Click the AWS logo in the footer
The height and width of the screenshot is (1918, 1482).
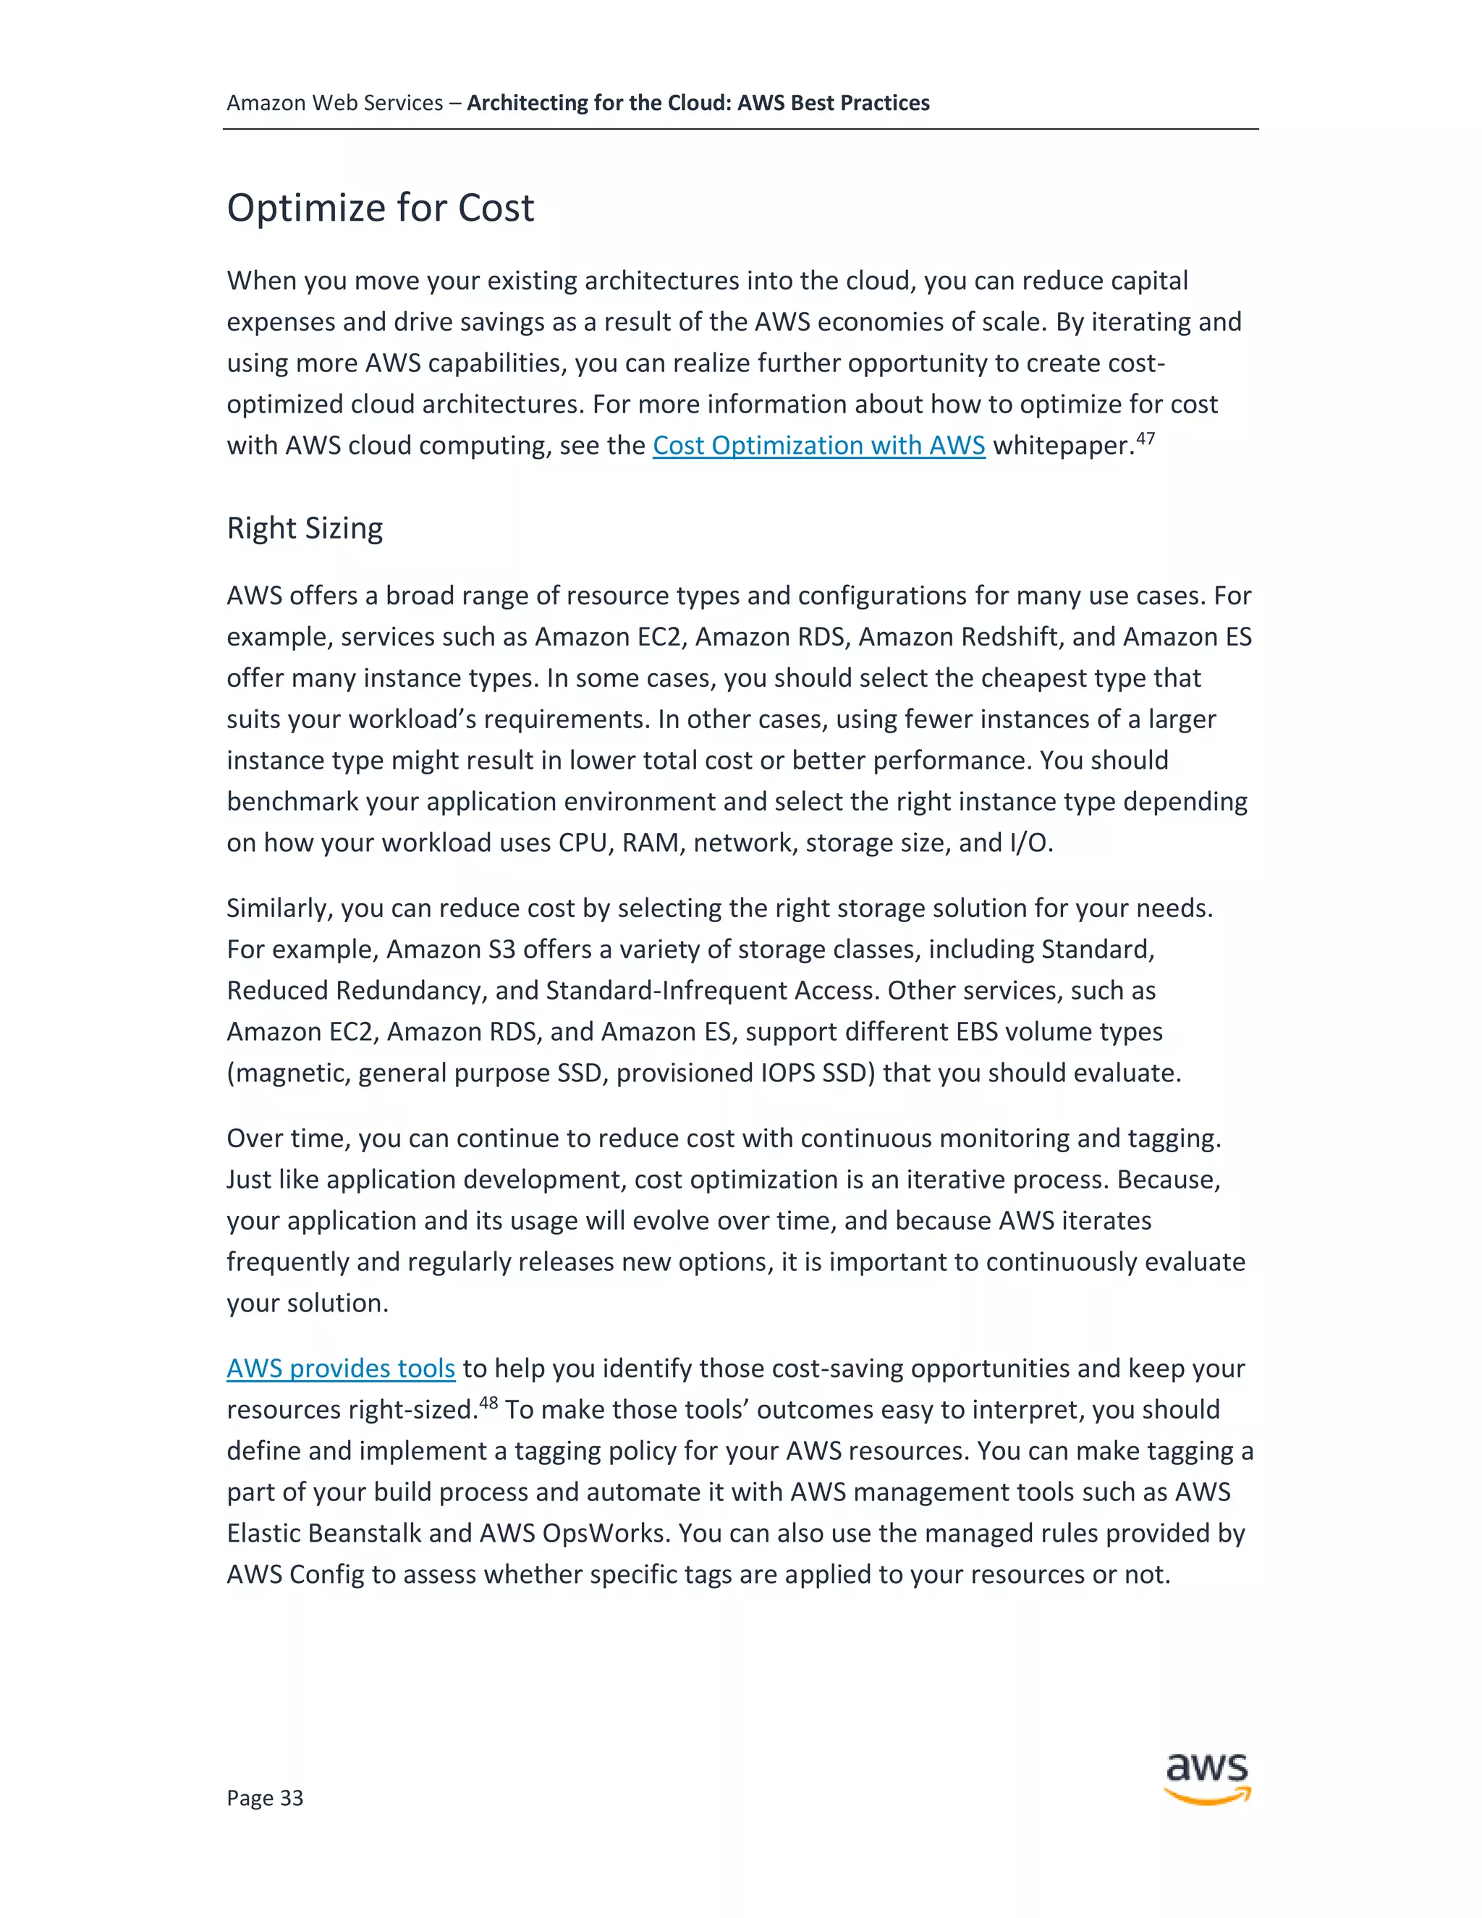click(1207, 1778)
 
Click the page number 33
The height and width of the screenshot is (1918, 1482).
click(264, 1798)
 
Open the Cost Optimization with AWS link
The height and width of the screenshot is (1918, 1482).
click(818, 445)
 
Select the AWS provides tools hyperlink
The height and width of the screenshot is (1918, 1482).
click(341, 1368)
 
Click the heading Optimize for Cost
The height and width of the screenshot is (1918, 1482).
click(380, 208)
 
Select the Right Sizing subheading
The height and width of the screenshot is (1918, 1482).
click(305, 528)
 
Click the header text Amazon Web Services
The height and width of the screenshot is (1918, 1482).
click(334, 103)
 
